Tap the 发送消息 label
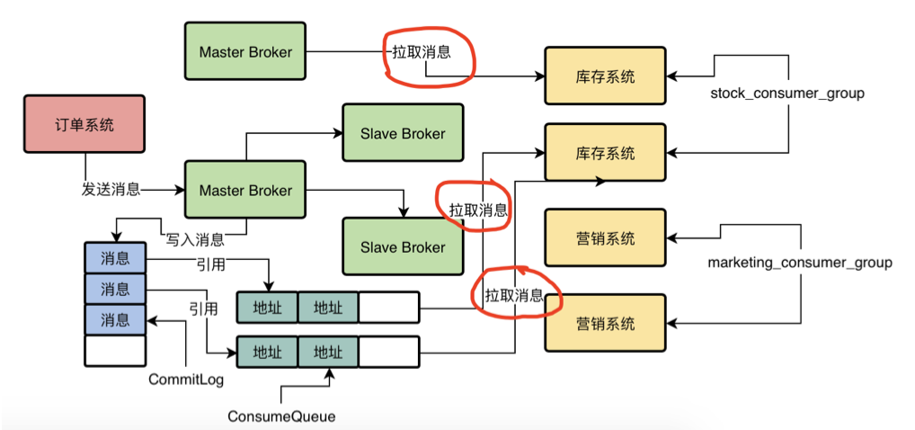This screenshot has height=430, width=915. pyautogui.click(x=111, y=190)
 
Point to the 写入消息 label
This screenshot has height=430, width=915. pyautogui.click(x=194, y=239)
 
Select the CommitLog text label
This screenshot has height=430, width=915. pyautogui.click(x=186, y=381)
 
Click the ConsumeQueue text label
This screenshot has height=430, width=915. pyautogui.click(x=281, y=417)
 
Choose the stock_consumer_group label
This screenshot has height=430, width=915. pyautogui.click(x=786, y=93)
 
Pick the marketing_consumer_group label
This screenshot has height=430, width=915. pyautogui.click(x=800, y=263)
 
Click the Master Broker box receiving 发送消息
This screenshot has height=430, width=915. pyautogui.click(x=244, y=190)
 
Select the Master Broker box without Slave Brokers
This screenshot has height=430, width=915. pyautogui.click(x=244, y=52)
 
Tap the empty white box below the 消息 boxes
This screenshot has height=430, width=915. pyautogui.click(x=115, y=350)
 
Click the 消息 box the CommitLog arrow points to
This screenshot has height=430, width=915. pyautogui.click(x=115, y=319)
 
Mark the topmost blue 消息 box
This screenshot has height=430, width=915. pyautogui.click(x=115, y=258)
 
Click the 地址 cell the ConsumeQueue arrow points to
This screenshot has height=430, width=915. pyautogui.click(x=327, y=350)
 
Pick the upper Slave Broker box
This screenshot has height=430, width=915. pyautogui.click(x=402, y=134)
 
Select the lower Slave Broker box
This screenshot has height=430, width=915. pyautogui.click(x=402, y=247)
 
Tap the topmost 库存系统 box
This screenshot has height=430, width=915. pyautogui.click(x=605, y=77)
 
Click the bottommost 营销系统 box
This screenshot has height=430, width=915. pyautogui.click(x=605, y=323)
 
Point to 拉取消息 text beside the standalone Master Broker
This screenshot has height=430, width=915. pyautogui.click(x=421, y=52)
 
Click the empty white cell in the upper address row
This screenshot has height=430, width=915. pyautogui.click(x=388, y=307)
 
